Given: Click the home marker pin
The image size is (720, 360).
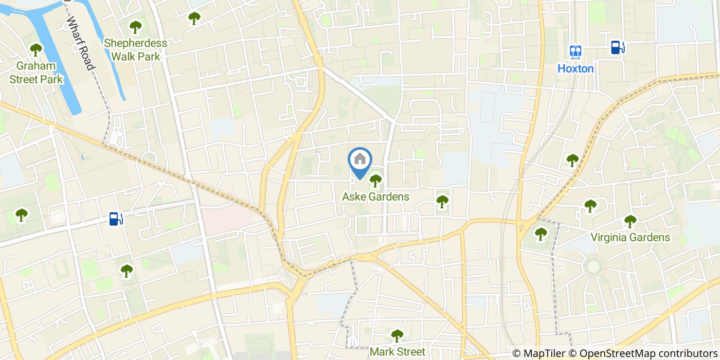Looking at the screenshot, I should (x=360, y=160).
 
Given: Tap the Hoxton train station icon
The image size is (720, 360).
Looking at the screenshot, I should (x=575, y=51).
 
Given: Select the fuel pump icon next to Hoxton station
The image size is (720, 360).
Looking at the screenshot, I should (x=617, y=47).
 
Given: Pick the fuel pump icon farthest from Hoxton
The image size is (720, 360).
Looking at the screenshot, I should (x=116, y=219).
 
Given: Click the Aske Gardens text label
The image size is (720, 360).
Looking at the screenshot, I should (x=376, y=196).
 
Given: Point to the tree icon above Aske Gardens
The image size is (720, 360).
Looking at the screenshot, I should (x=376, y=180).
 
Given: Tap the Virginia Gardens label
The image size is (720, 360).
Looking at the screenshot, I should (x=630, y=237).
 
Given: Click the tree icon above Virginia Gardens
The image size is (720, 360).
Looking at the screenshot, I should (x=630, y=221).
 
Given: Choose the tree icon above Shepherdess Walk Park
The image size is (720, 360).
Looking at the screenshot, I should (x=135, y=27).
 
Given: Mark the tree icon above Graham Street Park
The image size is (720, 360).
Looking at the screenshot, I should (x=36, y=50).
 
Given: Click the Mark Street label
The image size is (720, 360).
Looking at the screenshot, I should (x=397, y=352).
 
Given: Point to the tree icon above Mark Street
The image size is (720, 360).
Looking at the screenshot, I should (x=397, y=336).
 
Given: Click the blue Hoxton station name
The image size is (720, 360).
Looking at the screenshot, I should (x=575, y=68).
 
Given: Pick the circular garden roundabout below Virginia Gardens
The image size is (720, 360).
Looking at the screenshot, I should (x=593, y=266).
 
